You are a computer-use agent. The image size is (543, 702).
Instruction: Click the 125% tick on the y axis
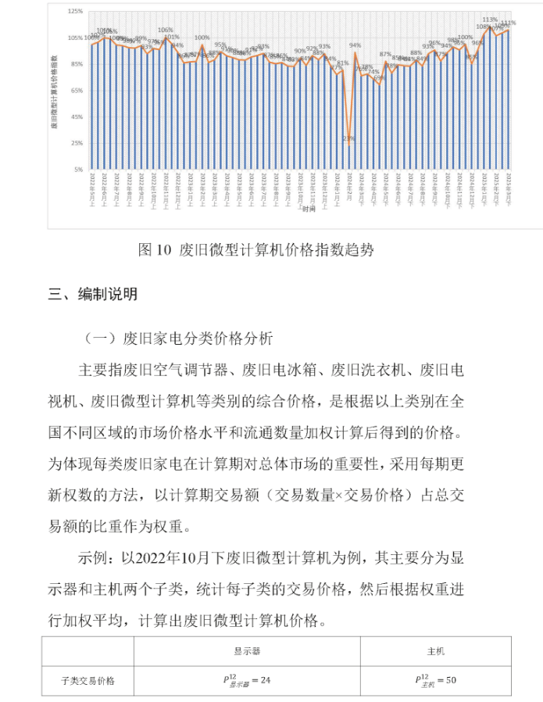pos(76,12)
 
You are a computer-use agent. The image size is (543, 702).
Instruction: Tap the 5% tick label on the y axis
pos(79,170)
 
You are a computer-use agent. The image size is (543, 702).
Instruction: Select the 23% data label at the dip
pos(348,138)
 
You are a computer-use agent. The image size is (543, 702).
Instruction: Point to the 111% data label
pos(508,23)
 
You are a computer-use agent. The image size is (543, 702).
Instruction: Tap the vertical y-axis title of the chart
pos(55,91)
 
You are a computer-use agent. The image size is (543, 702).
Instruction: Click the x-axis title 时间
pos(309,210)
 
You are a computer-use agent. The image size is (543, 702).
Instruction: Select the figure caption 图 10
pos(154,250)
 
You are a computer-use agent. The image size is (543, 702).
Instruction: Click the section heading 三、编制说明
pos(93,295)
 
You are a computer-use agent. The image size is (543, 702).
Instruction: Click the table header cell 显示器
pos(247,650)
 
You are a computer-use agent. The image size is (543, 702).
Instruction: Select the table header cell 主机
pos(435,650)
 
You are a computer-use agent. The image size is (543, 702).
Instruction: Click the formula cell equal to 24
pos(247,680)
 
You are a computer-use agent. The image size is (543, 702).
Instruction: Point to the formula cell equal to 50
pos(435,680)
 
